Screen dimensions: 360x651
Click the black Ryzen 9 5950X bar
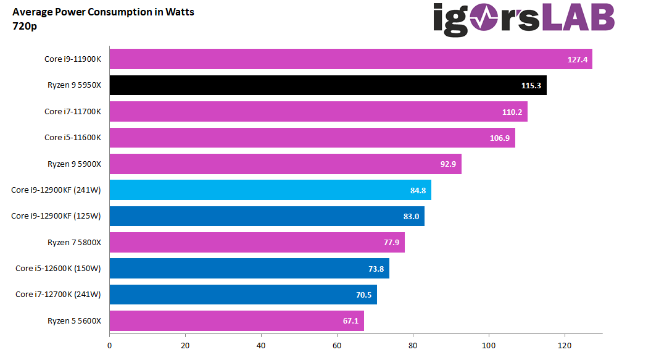(x=327, y=85)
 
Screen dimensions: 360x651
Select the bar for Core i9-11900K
(x=350, y=59)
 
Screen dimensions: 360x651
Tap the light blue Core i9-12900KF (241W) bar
(x=270, y=190)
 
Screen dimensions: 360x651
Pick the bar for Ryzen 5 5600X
(x=236, y=321)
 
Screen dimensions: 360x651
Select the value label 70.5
(x=363, y=295)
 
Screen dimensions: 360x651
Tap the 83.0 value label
(x=411, y=216)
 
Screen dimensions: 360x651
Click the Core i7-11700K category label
(x=72, y=112)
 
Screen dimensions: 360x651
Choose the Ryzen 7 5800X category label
(x=74, y=243)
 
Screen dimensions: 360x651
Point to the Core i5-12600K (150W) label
(x=58, y=269)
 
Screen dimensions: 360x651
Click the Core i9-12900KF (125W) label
(x=56, y=216)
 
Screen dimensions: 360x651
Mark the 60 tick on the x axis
(x=337, y=346)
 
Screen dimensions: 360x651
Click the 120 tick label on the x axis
(x=564, y=346)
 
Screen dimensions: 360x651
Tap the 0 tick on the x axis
(x=109, y=346)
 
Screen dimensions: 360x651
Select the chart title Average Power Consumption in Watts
(x=103, y=12)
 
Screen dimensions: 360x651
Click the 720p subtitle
(x=25, y=26)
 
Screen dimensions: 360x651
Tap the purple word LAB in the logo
(x=578, y=19)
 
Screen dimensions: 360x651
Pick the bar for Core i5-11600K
(x=312, y=138)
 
